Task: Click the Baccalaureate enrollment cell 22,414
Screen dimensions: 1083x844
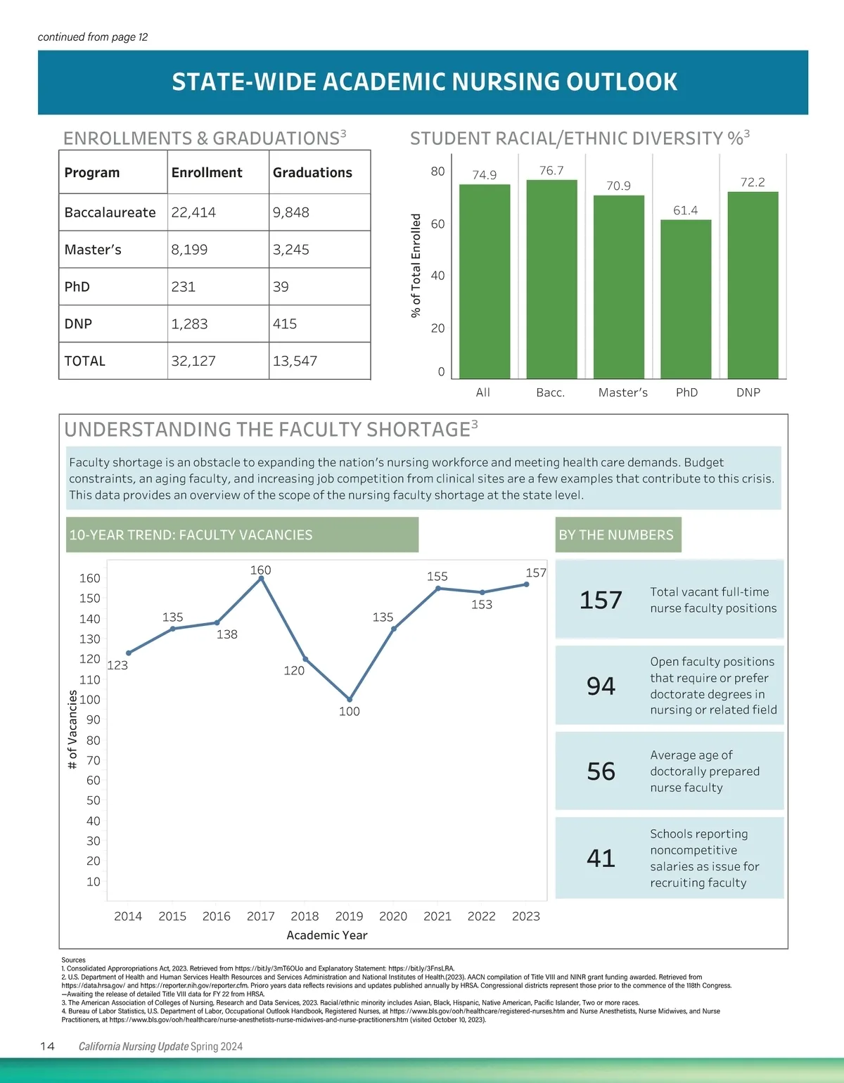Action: (x=193, y=212)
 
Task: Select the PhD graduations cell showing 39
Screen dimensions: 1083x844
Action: (x=281, y=287)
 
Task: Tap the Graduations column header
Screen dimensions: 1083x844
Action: (x=312, y=173)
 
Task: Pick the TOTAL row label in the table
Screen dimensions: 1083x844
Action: (x=84, y=361)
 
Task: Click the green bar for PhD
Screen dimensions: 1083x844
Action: (x=686, y=299)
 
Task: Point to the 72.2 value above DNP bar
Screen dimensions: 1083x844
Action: (x=753, y=182)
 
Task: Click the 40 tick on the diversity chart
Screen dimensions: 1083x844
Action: (x=437, y=276)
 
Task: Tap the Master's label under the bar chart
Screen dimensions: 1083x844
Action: (x=622, y=392)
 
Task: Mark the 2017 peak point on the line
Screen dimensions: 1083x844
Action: (x=261, y=579)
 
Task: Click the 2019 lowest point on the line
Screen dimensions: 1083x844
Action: (x=350, y=700)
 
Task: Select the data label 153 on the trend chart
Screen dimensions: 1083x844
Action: (x=482, y=605)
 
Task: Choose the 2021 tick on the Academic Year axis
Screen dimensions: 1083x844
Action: (x=437, y=916)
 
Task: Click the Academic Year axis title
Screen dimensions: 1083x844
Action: (x=327, y=935)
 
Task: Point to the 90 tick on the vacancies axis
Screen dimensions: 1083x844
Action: (x=94, y=720)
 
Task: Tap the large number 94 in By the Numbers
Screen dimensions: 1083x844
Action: (x=601, y=686)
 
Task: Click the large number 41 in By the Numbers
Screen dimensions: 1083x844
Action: (x=601, y=858)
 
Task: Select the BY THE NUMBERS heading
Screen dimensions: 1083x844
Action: (x=616, y=535)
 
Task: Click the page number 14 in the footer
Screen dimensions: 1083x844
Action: (x=47, y=1046)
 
